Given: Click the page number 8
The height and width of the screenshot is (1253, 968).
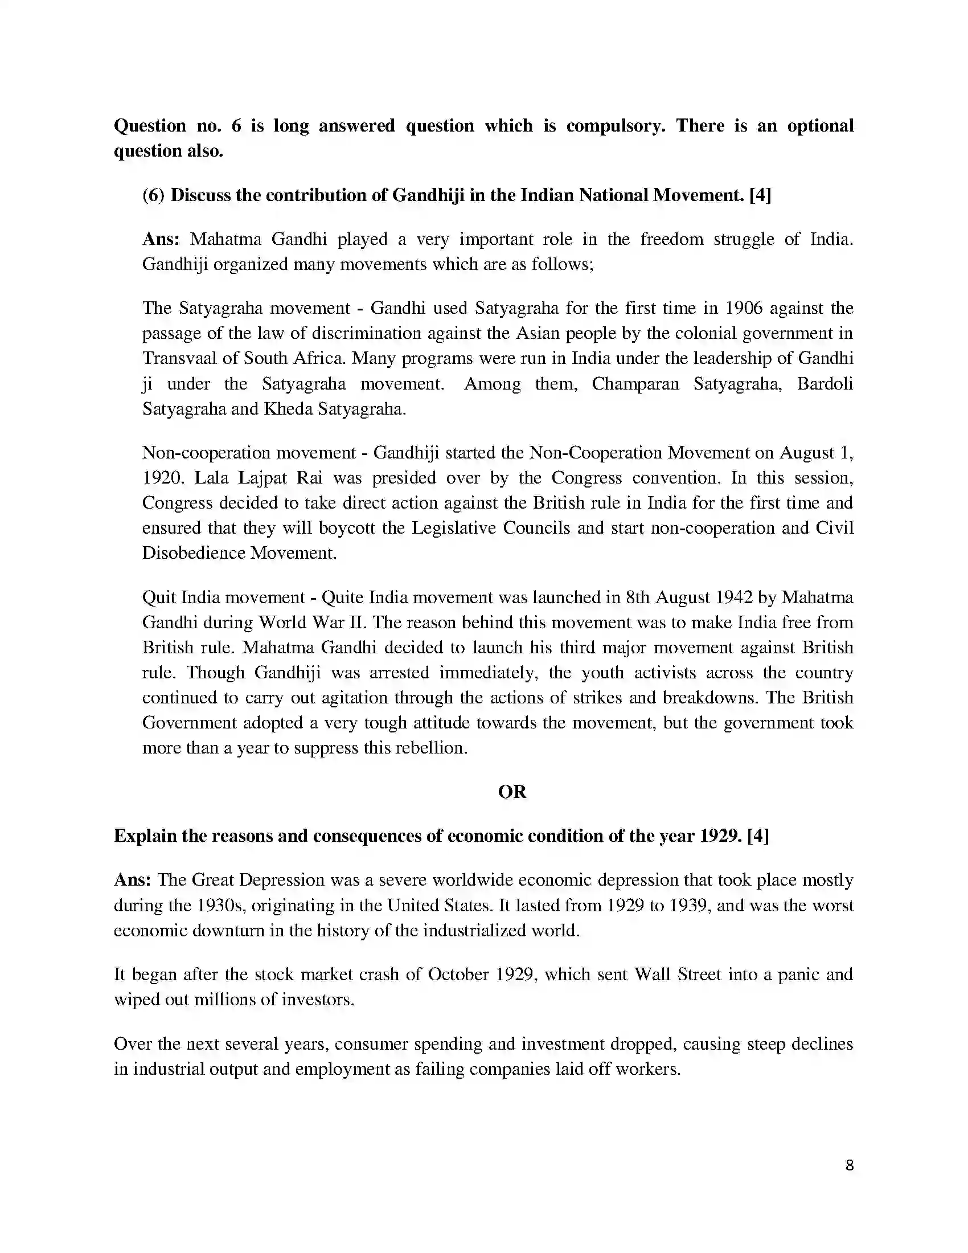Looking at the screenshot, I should coord(850,1165).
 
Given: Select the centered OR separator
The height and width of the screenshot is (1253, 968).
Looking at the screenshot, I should coord(511,792).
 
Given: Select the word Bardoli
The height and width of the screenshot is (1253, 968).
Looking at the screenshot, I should coord(825,383).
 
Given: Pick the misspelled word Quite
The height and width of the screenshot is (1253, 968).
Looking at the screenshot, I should coord(342,597).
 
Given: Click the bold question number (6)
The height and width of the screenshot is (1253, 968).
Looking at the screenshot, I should coord(154,195).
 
